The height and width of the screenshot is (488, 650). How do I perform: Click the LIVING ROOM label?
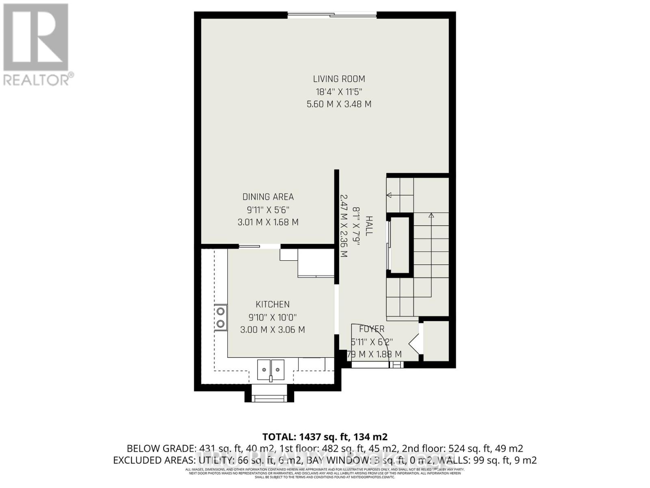(x=339, y=79)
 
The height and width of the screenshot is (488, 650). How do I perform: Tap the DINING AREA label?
(x=268, y=197)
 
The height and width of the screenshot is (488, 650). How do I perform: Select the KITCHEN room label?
(x=272, y=304)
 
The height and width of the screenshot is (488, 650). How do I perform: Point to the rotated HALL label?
(x=368, y=226)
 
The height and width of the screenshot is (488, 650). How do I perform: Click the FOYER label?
(x=371, y=329)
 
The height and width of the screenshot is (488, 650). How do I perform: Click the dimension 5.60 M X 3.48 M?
(x=339, y=104)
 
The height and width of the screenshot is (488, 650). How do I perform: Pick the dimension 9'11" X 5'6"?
(x=268, y=210)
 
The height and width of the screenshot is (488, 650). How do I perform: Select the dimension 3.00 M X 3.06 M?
(x=272, y=330)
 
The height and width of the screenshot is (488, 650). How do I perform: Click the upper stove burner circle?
(x=221, y=312)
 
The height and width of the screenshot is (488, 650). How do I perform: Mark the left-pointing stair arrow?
(x=389, y=195)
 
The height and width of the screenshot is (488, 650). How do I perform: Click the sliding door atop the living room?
(x=332, y=15)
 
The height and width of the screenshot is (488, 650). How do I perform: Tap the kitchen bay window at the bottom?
(x=269, y=398)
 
